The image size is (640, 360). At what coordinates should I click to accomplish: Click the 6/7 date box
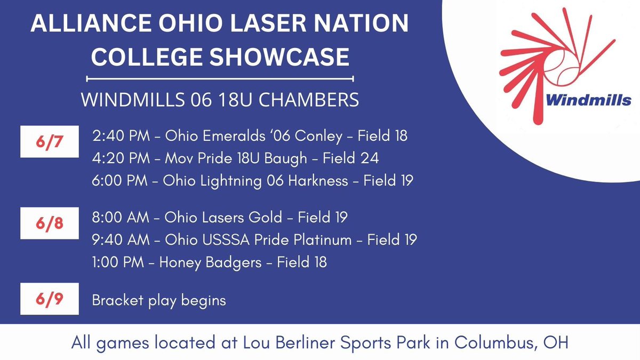[49, 142]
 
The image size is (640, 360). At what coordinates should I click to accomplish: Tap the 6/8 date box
[49, 223]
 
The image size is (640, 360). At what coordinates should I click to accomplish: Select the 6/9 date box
[49, 299]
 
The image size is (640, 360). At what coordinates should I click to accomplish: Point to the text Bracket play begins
[159, 300]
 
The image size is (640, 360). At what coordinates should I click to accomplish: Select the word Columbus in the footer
[499, 342]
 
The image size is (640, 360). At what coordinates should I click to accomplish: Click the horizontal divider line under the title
[220, 79]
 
